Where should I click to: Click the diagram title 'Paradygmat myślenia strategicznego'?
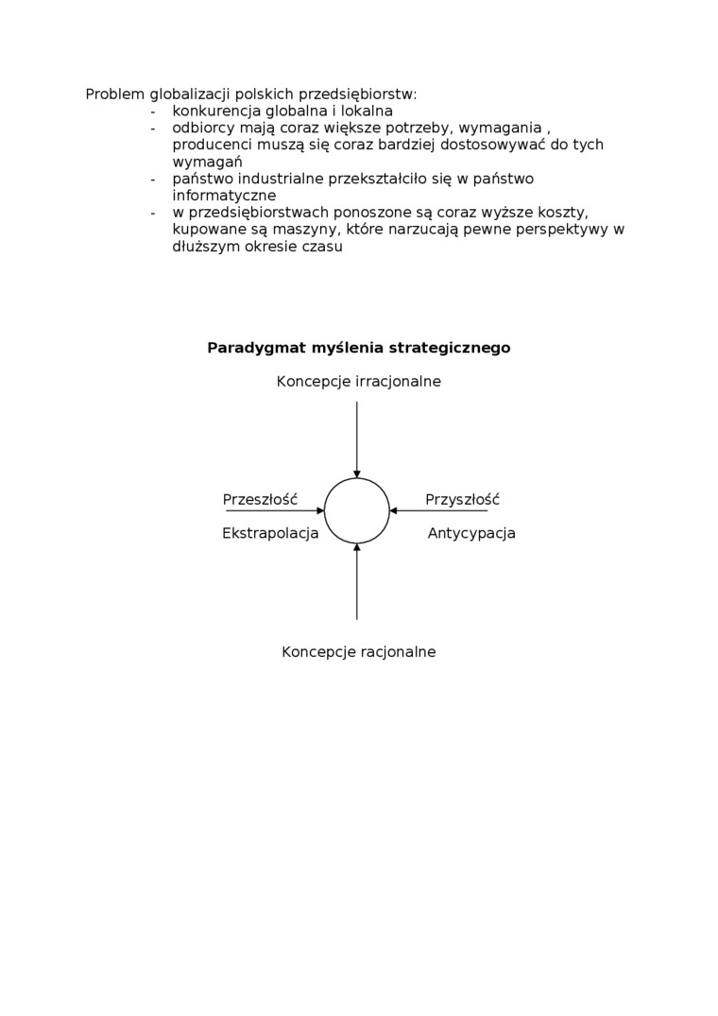pyautogui.click(x=358, y=348)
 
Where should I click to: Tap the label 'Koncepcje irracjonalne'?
pyautogui.click(x=358, y=382)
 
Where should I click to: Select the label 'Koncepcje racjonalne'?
pyautogui.click(x=358, y=652)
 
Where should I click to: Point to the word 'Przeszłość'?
pyautogui.click(x=260, y=500)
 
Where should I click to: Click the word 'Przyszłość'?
pyautogui.click(x=462, y=500)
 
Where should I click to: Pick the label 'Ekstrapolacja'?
pyautogui.click(x=270, y=533)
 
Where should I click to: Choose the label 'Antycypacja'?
pyautogui.click(x=471, y=533)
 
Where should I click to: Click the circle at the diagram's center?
pyautogui.click(x=357, y=510)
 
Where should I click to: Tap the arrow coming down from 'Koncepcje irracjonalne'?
pyautogui.click(x=357, y=439)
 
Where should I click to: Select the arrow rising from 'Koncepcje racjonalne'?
pyautogui.click(x=357, y=581)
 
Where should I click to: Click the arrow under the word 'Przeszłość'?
pyautogui.click(x=274, y=510)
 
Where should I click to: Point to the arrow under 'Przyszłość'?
pyautogui.click(x=439, y=510)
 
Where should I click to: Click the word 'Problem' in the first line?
pyautogui.click(x=115, y=95)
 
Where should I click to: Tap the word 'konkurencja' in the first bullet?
pyautogui.click(x=215, y=112)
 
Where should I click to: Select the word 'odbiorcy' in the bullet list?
pyautogui.click(x=203, y=129)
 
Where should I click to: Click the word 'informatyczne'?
pyautogui.click(x=224, y=196)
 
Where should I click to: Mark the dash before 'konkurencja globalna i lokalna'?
pyautogui.click(x=152, y=112)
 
